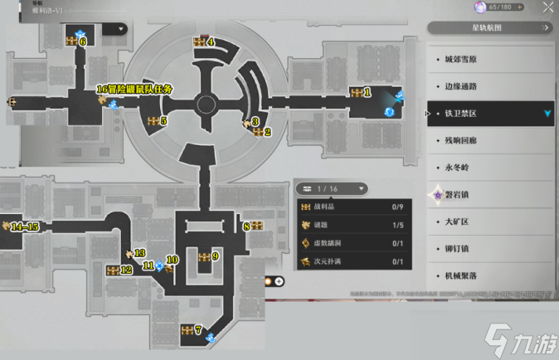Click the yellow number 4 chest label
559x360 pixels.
pos(211,41)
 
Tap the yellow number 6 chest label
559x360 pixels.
pos(83,41)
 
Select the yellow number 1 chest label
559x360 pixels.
pos(367,93)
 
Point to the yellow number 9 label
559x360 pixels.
pos(215,257)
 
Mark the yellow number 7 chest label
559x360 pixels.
pos(198,330)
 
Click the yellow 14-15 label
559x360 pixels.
pos(25,226)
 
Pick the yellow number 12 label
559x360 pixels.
pos(126,270)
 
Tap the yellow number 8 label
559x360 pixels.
pos(245,226)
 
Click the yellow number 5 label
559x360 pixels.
pos(163,121)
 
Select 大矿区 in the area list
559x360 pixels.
pos(458,221)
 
